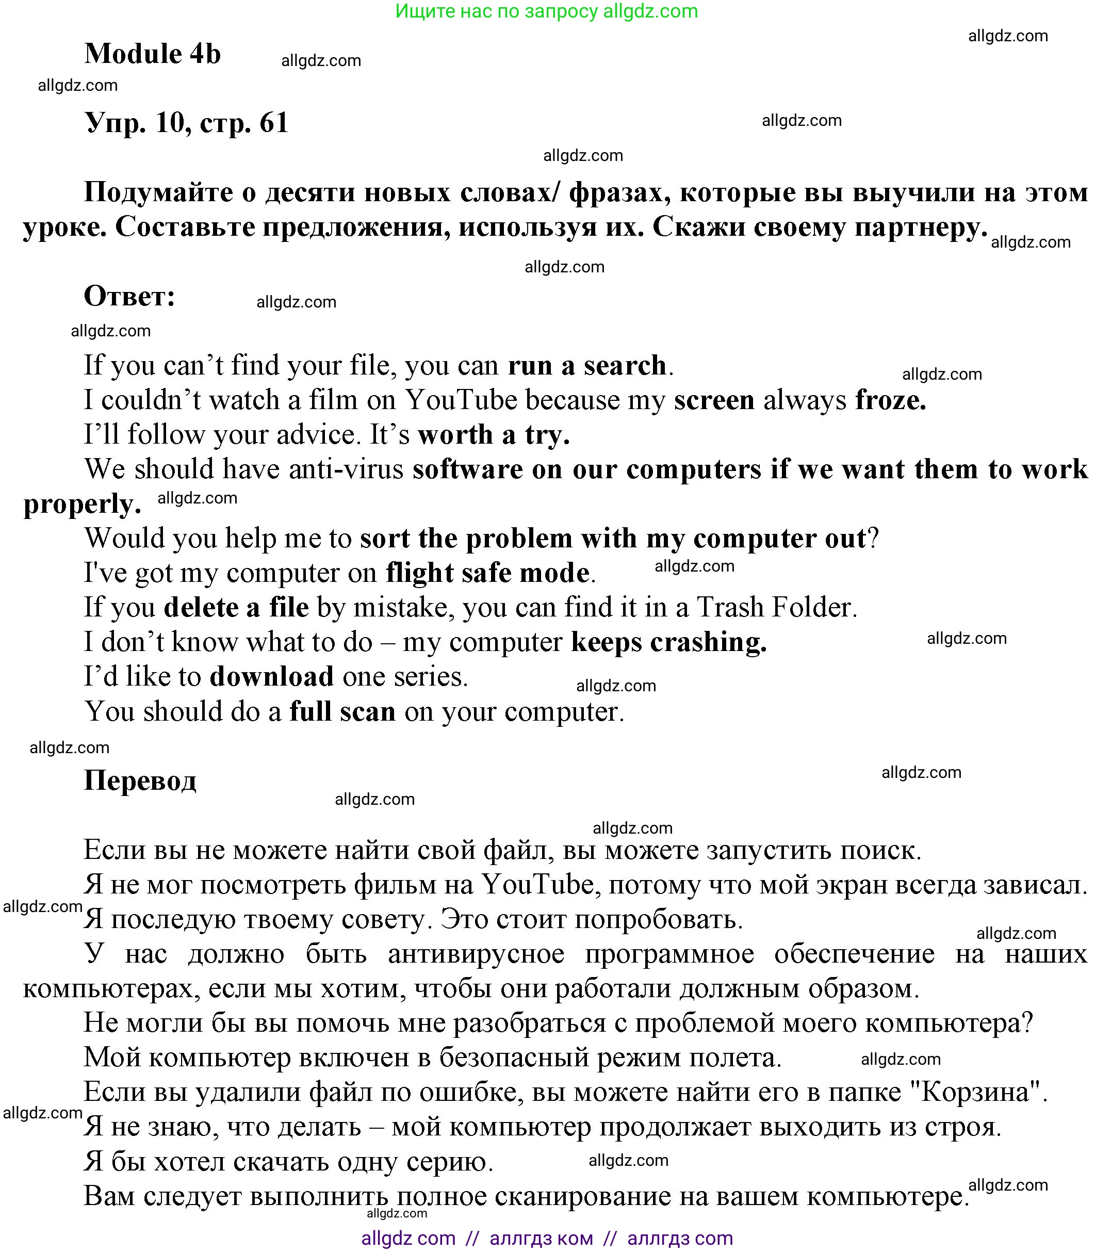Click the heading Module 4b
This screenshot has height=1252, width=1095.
[152, 54]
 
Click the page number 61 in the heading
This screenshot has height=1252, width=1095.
[273, 123]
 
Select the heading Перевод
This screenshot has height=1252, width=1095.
[140, 781]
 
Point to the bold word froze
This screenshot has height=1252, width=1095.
[890, 400]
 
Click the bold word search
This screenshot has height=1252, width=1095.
[625, 365]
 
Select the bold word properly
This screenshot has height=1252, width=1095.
[81, 504]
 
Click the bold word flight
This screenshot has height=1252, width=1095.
[419, 573]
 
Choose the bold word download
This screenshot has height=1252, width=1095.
[271, 676]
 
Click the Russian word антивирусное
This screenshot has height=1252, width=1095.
[476, 954]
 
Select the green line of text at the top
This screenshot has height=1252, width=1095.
[546, 11]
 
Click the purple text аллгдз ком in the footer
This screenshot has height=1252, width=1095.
[541, 1238]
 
